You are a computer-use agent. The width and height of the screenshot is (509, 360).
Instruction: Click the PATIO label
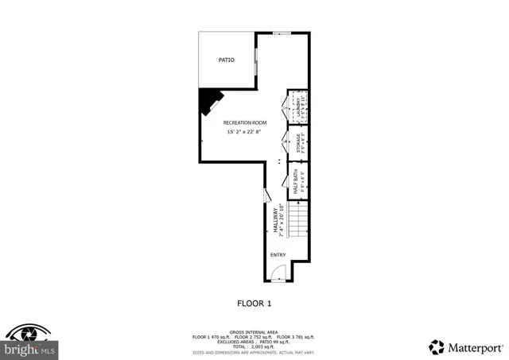tap(227, 60)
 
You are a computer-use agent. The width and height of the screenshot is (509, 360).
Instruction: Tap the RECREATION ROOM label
tap(245, 122)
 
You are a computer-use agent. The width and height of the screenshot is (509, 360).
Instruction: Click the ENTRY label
tap(278, 255)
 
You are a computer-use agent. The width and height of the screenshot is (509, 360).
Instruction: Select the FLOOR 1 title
tap(254, 304)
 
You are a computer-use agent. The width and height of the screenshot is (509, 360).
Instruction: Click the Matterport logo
tap(466, 346)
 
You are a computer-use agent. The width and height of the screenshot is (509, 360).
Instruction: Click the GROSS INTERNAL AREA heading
tap(254, 331)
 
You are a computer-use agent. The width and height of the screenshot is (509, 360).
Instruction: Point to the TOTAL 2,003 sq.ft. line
tap(254, 346)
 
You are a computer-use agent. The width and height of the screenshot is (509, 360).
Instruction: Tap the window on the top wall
tap(281, 33)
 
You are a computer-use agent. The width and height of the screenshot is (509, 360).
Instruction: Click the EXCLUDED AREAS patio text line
tap(254, 342)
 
